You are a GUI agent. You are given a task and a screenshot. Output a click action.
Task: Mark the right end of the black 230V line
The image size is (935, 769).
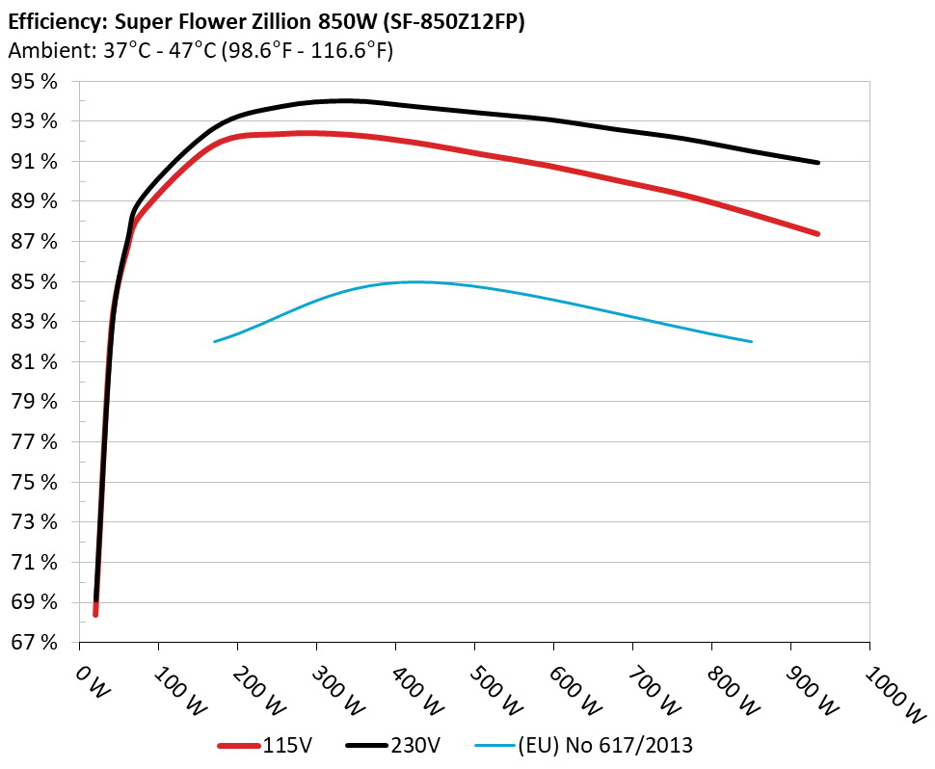tap(817, 162)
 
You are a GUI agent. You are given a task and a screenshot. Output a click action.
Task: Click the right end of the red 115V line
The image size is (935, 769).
tap(817, 233)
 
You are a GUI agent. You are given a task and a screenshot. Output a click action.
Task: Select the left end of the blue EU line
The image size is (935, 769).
tap(215, 341)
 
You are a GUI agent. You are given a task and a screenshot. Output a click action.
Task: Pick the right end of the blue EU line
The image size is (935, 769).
tap(751, 341)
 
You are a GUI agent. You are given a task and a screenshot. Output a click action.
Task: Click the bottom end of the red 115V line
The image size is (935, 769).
tap(95, 614)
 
